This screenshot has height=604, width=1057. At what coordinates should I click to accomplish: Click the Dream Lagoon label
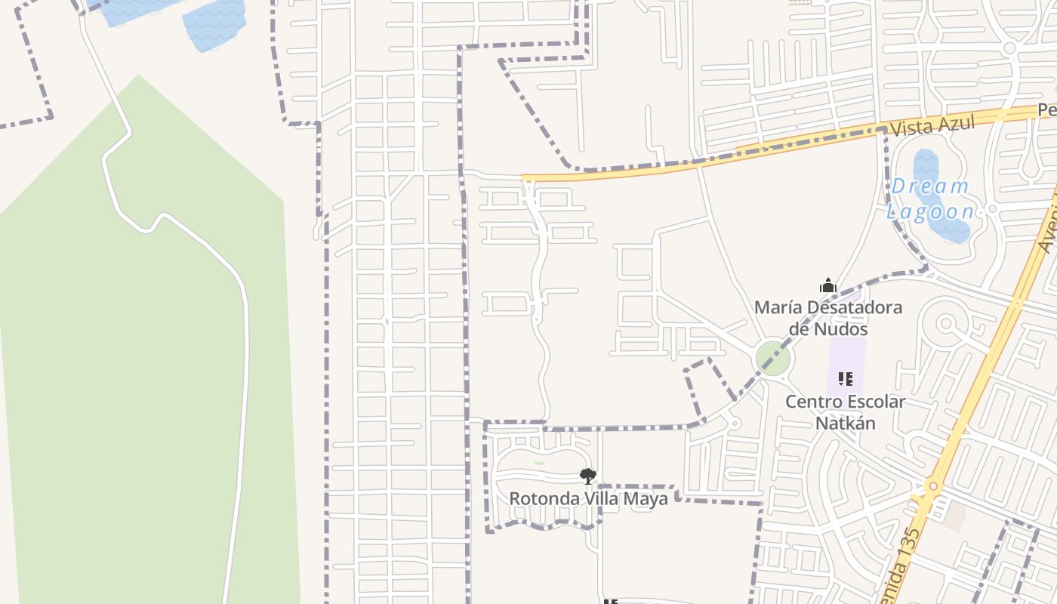click(x=930, y=198)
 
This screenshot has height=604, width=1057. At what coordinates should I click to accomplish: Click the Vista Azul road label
click(x=932, y=125)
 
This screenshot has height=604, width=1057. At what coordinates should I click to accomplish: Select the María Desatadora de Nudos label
click(x=828, y=318)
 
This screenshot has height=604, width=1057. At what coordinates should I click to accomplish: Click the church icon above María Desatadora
click(x=828, y=286)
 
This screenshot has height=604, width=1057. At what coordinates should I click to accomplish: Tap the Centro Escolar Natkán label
click(x=845, y=411)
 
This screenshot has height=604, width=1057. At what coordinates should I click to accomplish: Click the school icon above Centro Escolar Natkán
click(x=845, y=378)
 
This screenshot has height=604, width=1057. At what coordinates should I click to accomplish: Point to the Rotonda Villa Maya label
click(x=588, y=499)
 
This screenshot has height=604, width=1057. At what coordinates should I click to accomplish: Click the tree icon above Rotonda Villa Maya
click(x=587, y=476)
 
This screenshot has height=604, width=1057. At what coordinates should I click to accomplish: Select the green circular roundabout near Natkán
click(x=773, y=357)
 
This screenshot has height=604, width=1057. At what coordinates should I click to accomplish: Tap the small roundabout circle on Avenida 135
click(x=933, y=487)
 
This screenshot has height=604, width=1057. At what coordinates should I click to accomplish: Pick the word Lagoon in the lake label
click(x=930, y=211)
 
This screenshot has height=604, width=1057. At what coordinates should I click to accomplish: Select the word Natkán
click(x=845, y=423)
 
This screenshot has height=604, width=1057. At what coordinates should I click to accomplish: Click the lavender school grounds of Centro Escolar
click(x=846, y=355)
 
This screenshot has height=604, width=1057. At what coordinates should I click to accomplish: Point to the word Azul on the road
click(x=954, y=122)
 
